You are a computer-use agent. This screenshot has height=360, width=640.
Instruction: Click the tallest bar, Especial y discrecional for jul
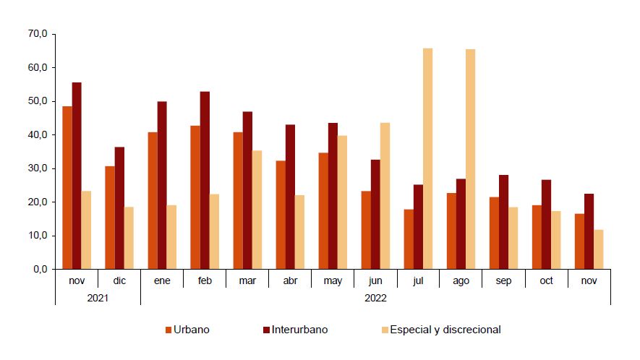(428, 158)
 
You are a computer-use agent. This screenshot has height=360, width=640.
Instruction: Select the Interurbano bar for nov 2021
(77, 176)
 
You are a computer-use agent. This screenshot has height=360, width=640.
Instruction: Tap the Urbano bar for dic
(110, 218)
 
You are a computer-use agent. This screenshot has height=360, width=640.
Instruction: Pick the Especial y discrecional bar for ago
(471, 159)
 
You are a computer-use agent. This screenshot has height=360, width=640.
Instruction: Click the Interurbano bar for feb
(205, 180)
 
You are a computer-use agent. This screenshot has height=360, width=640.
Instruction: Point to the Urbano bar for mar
(238, 200)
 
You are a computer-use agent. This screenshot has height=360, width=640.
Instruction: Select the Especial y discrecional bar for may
(342, 202)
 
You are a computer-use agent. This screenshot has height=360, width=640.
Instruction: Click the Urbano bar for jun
(366, 230)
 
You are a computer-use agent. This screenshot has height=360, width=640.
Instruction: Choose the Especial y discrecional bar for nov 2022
(598, 249)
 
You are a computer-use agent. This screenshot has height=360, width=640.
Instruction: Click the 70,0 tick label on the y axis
(38, 34)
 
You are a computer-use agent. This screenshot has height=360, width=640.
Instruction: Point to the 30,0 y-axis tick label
(38, 168)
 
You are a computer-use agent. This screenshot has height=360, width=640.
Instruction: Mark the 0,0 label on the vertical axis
(40, 269)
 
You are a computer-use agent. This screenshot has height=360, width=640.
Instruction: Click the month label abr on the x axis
(289, 281)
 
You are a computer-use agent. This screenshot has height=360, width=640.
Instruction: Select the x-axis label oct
(546, 281)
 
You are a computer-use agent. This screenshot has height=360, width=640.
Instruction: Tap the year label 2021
(98, 297)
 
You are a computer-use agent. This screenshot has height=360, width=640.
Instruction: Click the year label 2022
(375, 297)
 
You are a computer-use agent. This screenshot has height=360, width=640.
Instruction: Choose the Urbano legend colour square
(168, 330)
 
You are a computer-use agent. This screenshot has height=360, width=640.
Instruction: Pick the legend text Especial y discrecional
(445, 330)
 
